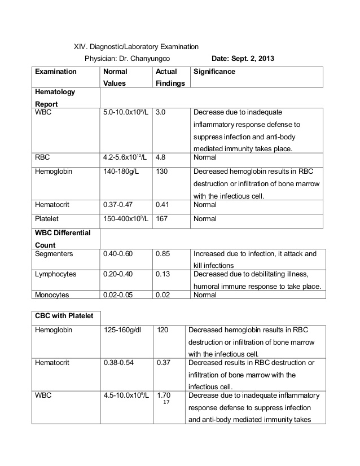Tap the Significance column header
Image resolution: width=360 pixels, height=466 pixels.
click(214, 72)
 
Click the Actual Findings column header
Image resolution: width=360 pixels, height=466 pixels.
click(169, 77)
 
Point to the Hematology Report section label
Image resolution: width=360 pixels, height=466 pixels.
click(55, 97)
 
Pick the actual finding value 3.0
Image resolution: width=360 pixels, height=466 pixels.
click(160, 112)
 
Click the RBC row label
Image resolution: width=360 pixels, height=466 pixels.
click(43, 158)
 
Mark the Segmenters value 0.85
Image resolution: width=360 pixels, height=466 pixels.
click(163, 254)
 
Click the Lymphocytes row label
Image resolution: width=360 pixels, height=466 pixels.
click(55, 274)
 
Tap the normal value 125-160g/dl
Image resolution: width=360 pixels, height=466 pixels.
click(124, 329)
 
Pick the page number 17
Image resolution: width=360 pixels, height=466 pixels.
click(166, 403)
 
